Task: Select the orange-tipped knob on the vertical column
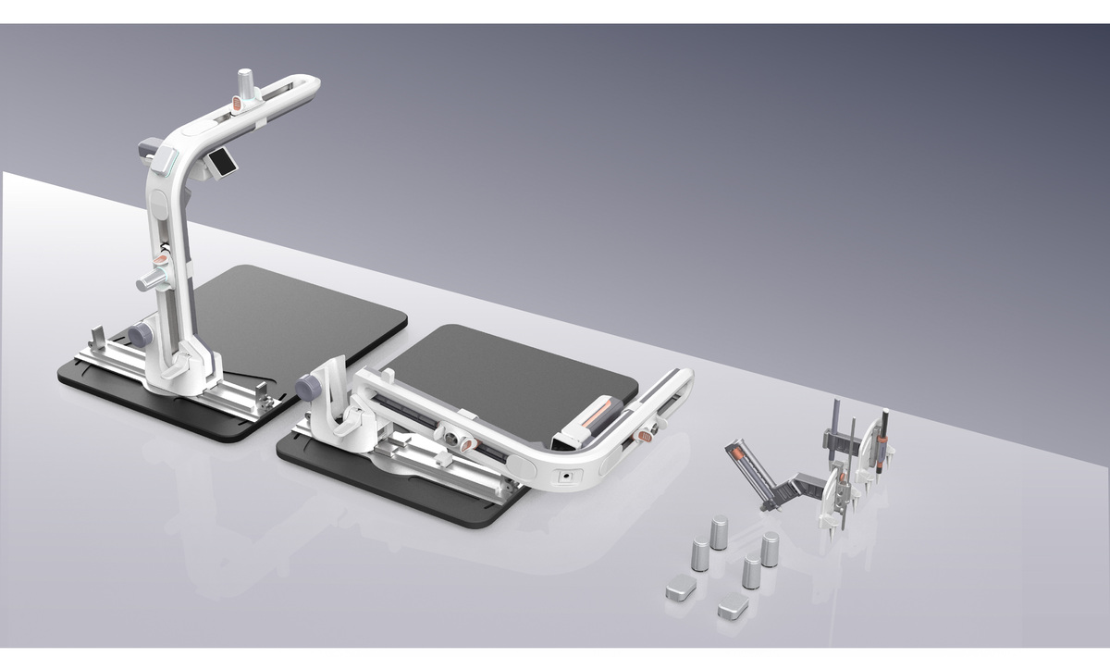click(156, 278)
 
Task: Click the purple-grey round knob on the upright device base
click(140, 334)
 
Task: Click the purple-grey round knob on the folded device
click(309, 389)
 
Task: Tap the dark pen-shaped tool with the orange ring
click(887, 435)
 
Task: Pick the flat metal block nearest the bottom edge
click(734, 606)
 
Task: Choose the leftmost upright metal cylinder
click(699, 557)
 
